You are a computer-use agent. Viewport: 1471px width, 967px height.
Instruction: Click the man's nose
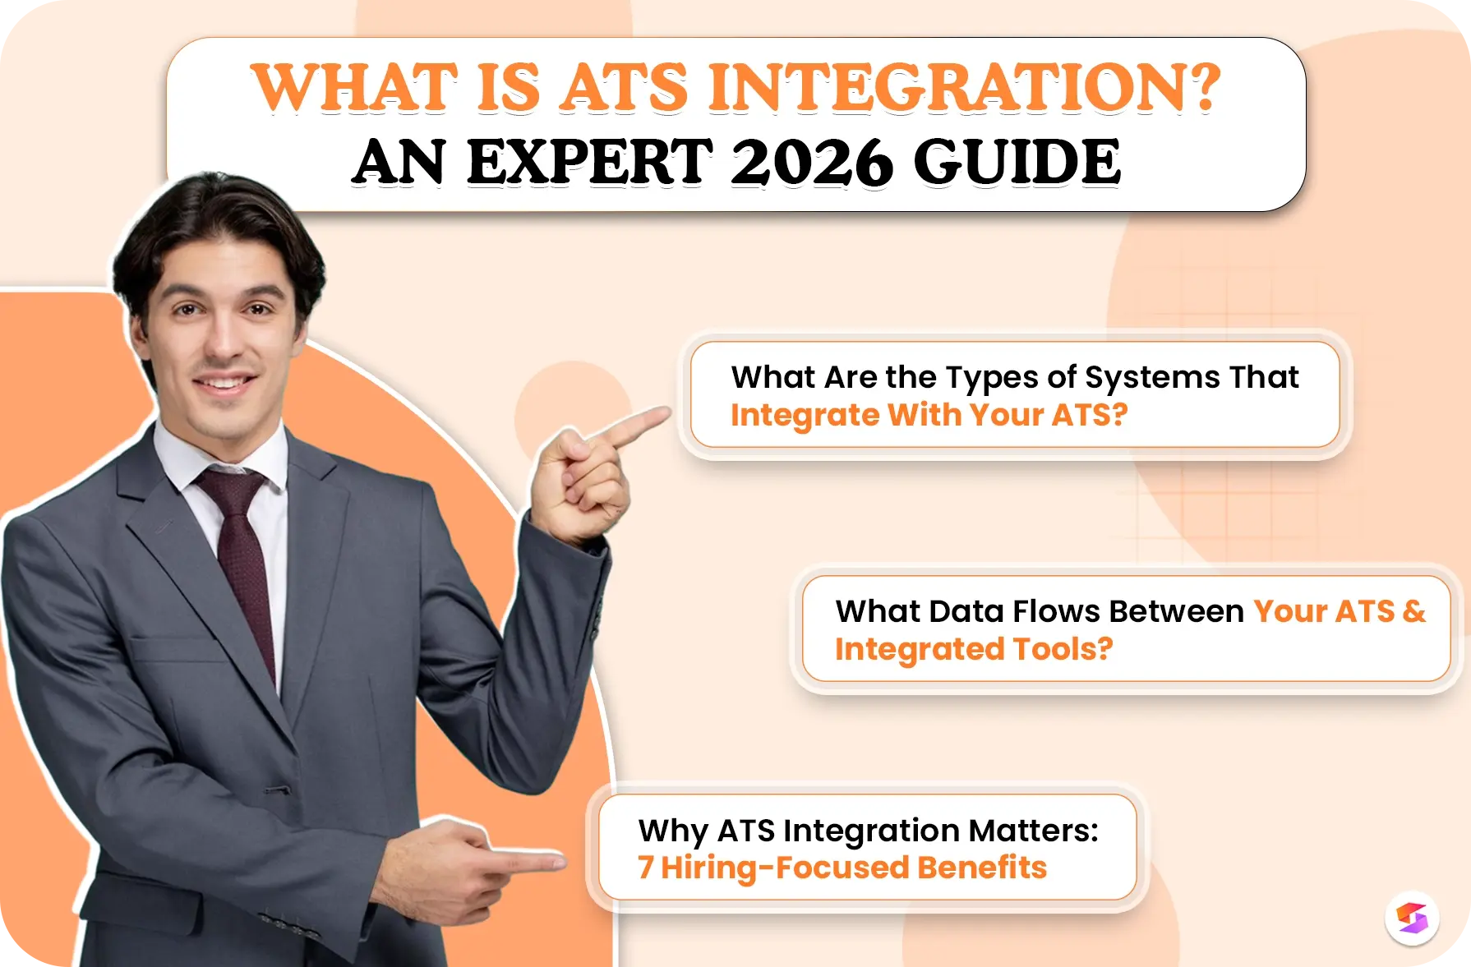pyautogui.click(x=222, y=337)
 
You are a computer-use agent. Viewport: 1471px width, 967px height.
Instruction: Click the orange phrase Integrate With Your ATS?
pyautogui.click(x=929, y=416)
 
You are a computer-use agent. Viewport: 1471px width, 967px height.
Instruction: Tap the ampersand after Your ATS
pyautogui.click(x=1414, y=611)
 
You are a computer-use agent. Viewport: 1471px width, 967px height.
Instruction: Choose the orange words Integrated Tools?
pyautogui.click(x=973, y=649)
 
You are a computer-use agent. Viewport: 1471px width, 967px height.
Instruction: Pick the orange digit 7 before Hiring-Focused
pyautogui.click(x=646, y=868)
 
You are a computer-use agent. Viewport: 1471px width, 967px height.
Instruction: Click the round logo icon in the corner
pyautogui.click(x=1412, y=918)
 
